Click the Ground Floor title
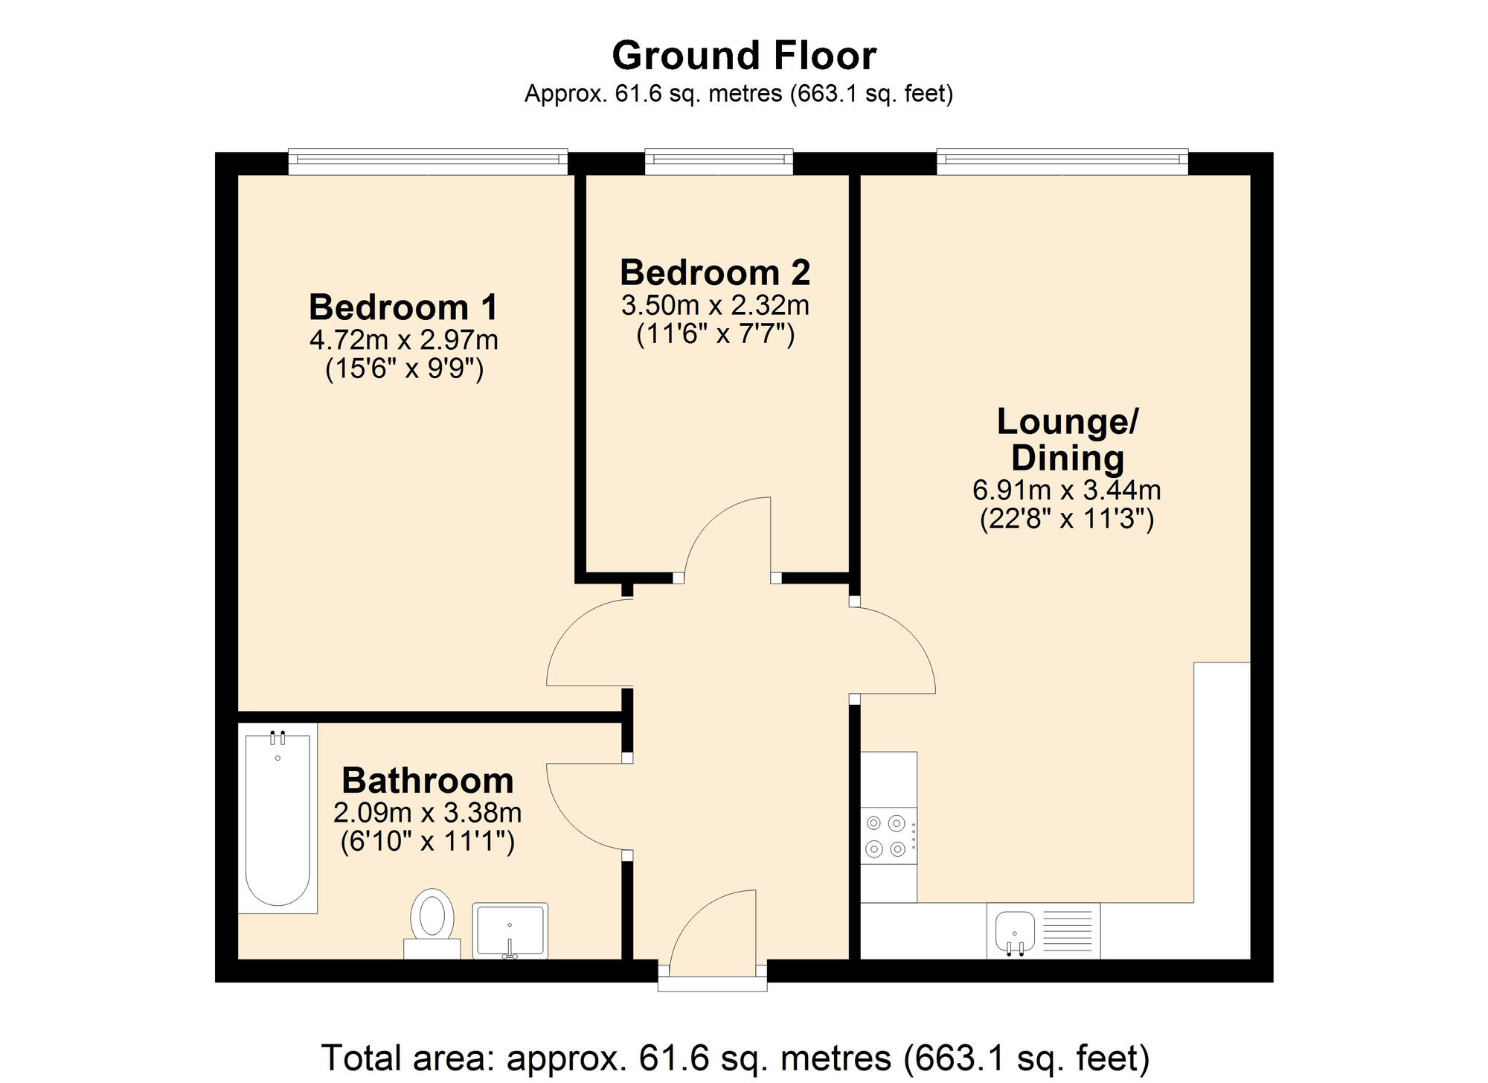tap(744, 56)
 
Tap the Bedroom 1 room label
tap(403, 307)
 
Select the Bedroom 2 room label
tap(715, 273)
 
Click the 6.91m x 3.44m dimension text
tap(1066, 491)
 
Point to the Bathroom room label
tap(428, 781)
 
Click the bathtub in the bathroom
tap(278, 819)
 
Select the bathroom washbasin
tap(510, 930)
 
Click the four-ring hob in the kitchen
tap(888, 836)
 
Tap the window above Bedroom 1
tap(428, 162)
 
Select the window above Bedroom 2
tap(719, 162)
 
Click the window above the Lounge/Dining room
tap(1062, 162)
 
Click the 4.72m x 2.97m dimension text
tap(403, 340)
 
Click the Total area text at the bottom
tap(735, 1058)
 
